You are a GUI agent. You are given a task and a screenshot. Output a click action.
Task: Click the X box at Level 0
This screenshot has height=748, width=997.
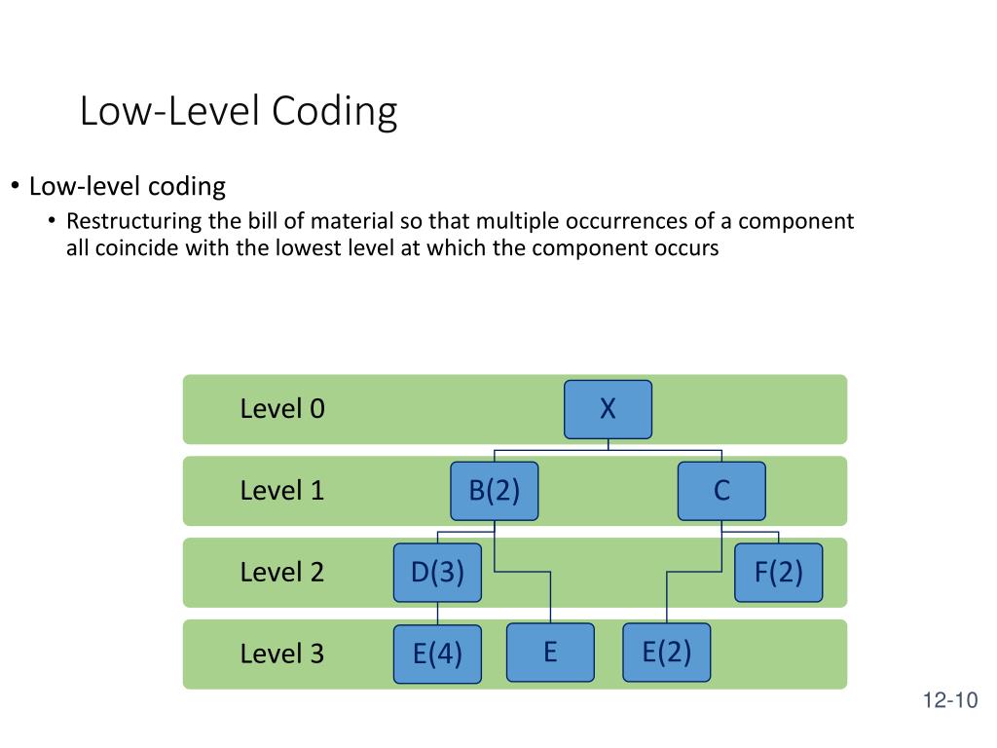tap(608, 409)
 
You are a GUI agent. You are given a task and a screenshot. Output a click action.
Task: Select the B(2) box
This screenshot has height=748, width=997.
tap(495, 491)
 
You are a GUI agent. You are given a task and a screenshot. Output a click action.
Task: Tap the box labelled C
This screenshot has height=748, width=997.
tap(721, 491)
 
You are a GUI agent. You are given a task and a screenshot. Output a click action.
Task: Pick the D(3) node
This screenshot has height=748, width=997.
tap(437, 573)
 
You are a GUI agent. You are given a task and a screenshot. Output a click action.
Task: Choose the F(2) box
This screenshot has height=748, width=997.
tap(779, 573)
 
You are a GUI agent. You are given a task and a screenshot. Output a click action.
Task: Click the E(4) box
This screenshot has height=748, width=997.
tap(437, 654)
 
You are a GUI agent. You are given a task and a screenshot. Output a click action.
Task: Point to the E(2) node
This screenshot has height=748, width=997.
tap(666, 652)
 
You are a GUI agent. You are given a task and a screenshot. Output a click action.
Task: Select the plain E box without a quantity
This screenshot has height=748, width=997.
tap(550, 652)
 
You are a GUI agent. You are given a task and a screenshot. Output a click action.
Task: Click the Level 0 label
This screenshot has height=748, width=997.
tap(282, 409)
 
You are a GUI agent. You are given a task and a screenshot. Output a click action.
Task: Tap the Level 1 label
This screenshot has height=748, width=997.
tap(282, 491)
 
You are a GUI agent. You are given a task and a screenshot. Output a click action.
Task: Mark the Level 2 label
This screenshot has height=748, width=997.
tap(282, 573)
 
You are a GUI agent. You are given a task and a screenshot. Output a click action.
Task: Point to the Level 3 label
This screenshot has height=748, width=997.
tap(282, 654)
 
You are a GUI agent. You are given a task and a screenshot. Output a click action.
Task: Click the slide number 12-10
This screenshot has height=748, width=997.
tap(949, 701)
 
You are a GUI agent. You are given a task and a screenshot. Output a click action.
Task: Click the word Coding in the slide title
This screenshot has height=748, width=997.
tap(334, 112)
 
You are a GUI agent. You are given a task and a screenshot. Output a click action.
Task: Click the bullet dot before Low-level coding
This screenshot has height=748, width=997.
tap(16, 186)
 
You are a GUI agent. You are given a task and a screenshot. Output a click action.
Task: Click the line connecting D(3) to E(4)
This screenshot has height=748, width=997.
tap(437, 613)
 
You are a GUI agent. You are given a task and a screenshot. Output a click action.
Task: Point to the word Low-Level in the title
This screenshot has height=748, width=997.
tap(170, 112)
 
